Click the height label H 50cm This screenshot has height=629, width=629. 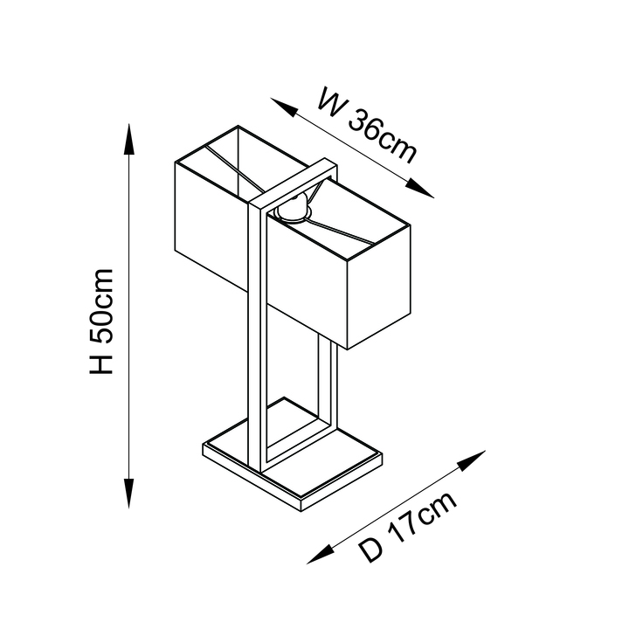coord(101,321)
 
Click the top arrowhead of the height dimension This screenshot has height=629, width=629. coord(128,139)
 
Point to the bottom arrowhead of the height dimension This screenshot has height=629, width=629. coord(128,494)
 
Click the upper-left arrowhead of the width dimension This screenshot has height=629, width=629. coord(284,107)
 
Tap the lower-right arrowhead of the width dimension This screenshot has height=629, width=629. coord(419,188)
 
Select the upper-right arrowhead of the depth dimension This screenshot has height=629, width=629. coord(472,460)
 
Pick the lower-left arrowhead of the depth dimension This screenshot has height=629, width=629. coord(321,554)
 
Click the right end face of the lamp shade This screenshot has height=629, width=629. coord(378,287)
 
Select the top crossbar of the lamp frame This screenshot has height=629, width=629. coord(293,183)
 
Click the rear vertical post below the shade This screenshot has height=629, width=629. coord(328,384)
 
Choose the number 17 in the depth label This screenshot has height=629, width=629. coord(403,529)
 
